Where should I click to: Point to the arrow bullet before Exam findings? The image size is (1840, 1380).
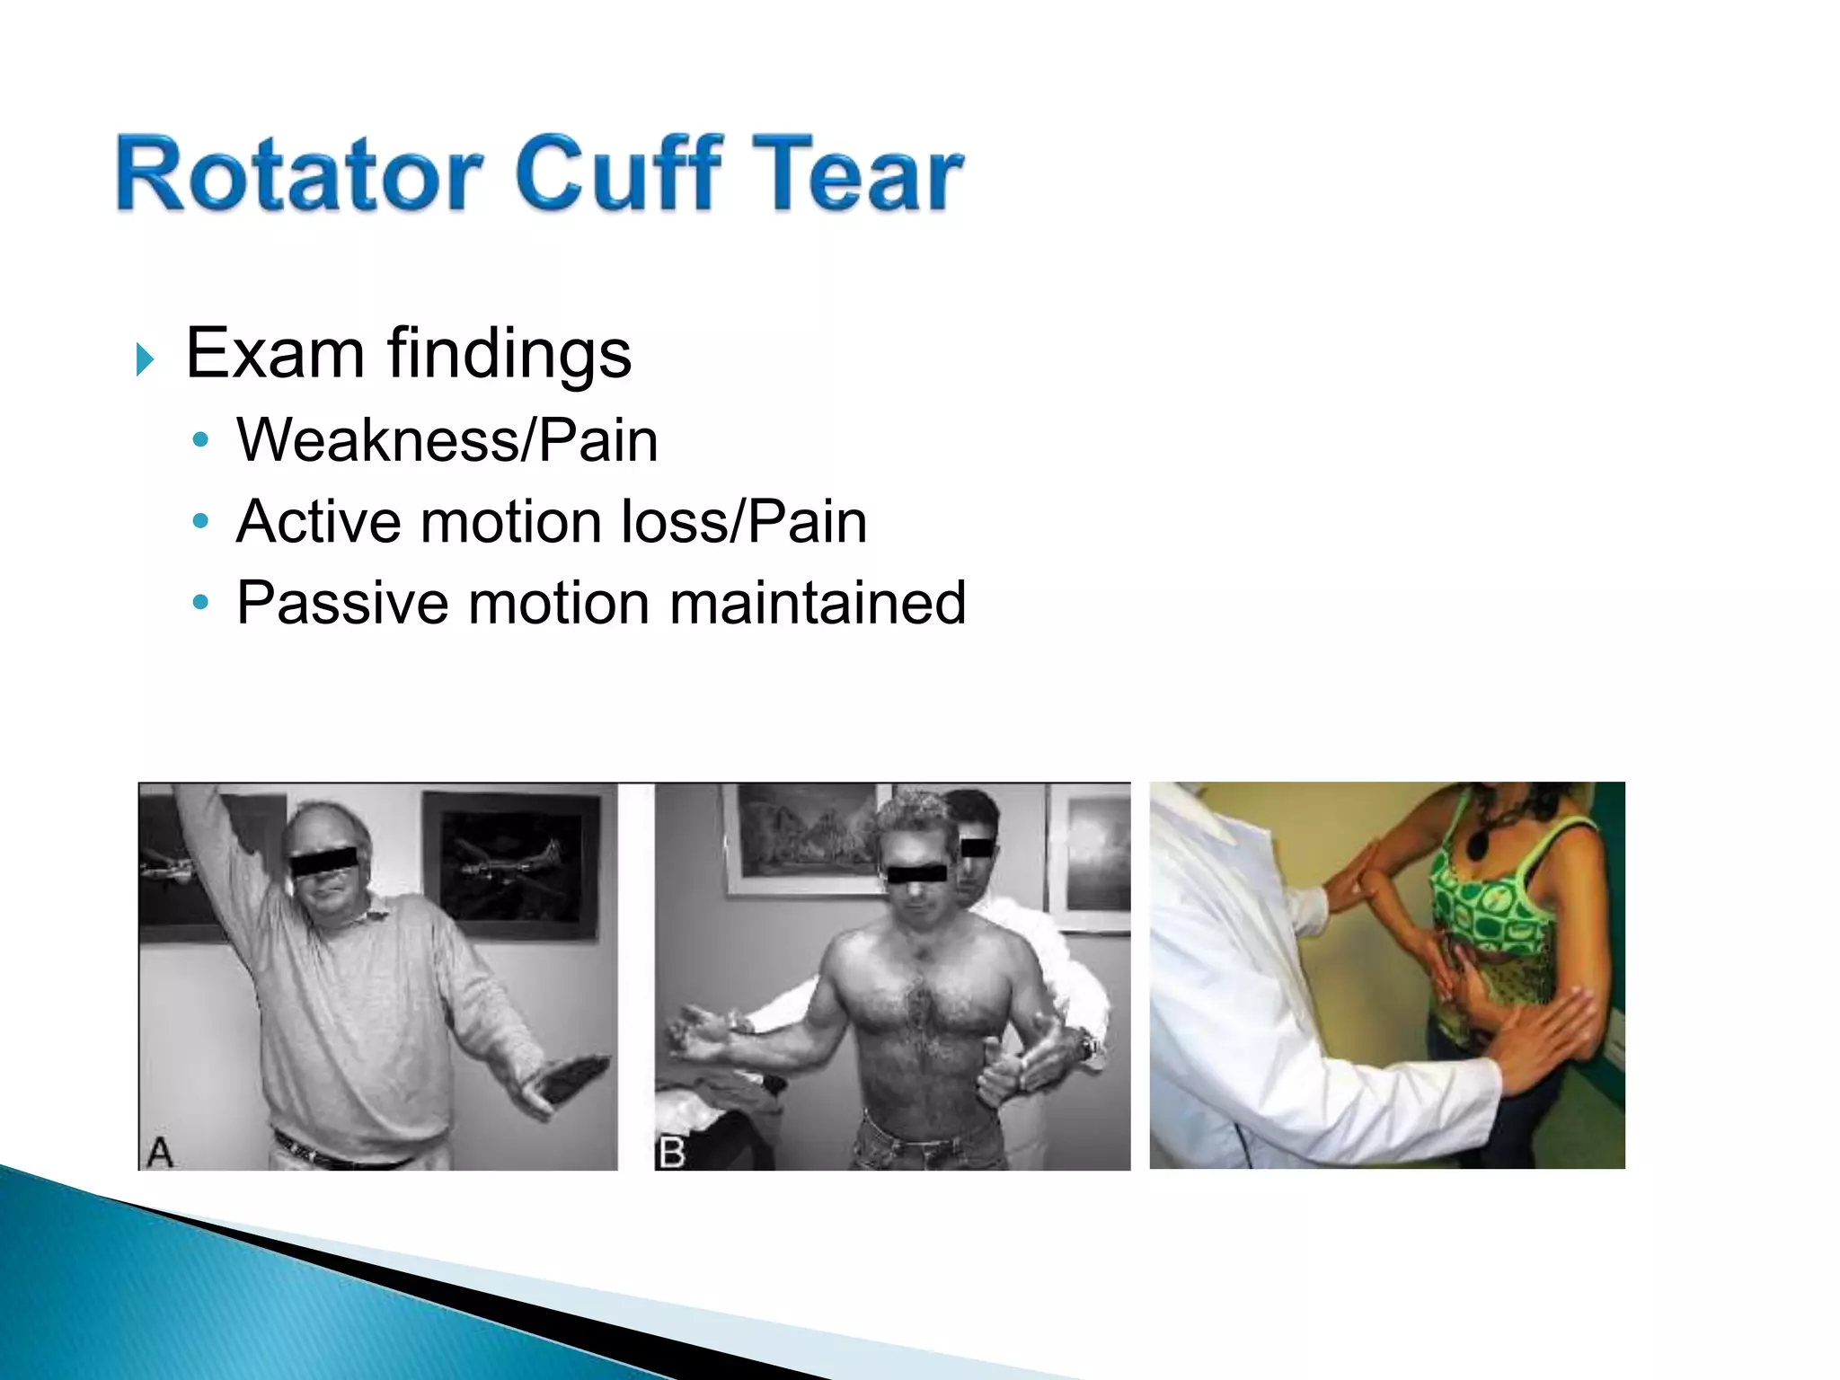coord(145,358)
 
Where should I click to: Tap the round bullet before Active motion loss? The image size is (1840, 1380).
coord(201,521)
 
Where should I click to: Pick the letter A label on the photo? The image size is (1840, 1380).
coord(159,1152)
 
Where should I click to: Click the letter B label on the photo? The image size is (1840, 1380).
coord(671,1153)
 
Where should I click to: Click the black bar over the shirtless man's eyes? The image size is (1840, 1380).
coord(917,872)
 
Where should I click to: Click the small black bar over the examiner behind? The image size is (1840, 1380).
coord(977,847)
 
